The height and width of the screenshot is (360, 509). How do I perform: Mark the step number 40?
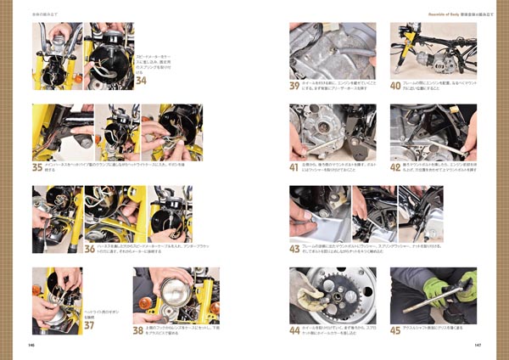[x=395, y=86]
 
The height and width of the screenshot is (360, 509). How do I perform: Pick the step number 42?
[x=395, y=166]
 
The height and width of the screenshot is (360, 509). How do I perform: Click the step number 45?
[x=395, y=330]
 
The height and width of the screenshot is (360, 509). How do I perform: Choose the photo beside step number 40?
[x=433, y=49]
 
